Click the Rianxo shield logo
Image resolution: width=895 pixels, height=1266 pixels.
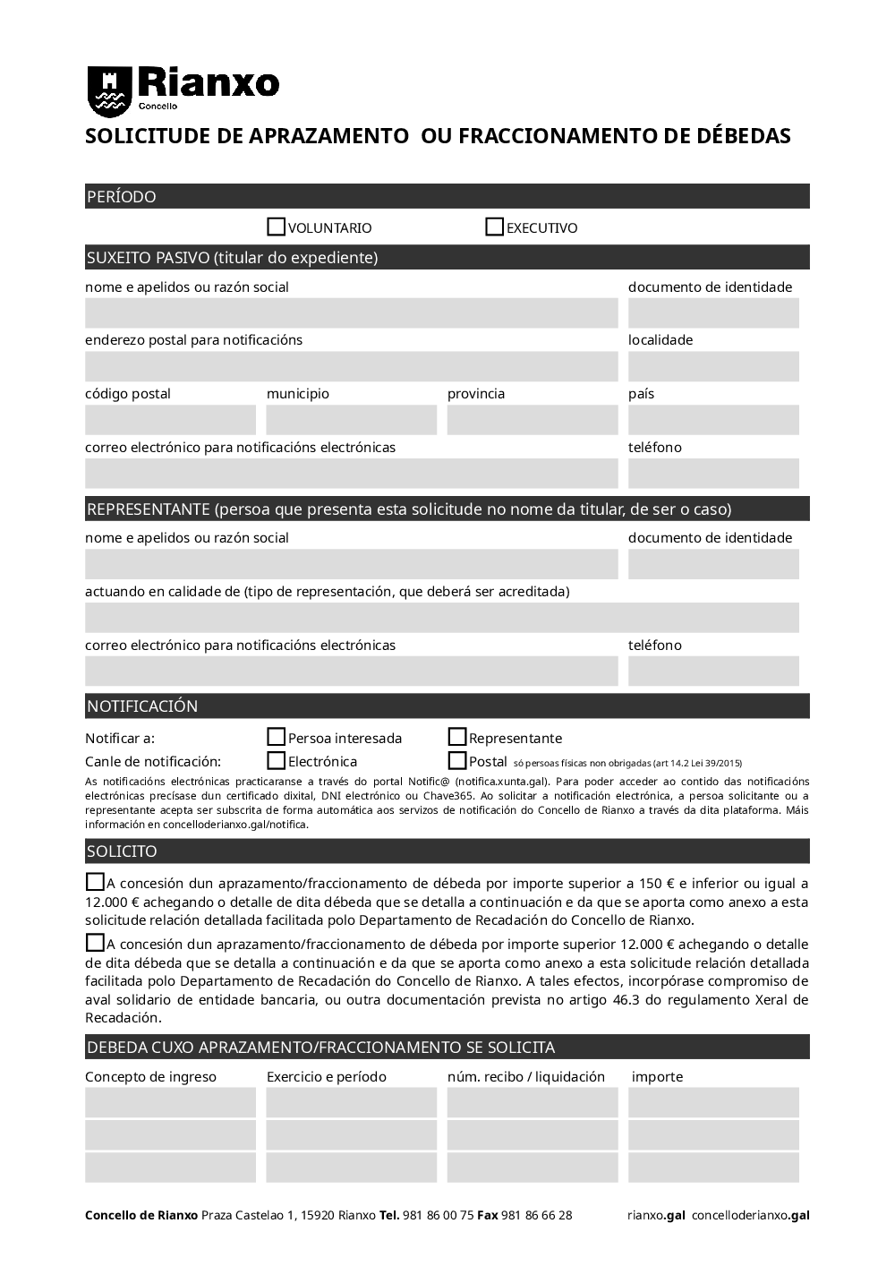[x=108, y=90]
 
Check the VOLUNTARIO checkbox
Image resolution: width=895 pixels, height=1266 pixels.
[x=277, y=227]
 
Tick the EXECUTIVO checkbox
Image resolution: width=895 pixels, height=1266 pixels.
[x=494, y=227]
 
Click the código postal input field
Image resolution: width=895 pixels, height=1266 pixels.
[x=170, y=420]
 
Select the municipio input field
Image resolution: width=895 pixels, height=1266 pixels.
[x=351, y=420]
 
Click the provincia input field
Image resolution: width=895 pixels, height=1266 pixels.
[x=533, y=420]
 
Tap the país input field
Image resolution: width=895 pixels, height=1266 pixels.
[x=713, y=420]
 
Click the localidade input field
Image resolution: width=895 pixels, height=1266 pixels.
[x=713, y=366]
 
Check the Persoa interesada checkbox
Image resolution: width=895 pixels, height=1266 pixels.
[x=277, y=738]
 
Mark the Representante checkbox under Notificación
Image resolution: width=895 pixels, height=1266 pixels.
[x=457, y=738]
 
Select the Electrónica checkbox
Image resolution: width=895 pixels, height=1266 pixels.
[x=277, y=761]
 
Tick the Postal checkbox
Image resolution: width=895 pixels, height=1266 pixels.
[x=457, y=761]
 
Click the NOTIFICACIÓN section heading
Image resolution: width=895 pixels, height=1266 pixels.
[x=142, y=706]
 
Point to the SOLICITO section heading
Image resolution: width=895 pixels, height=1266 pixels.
[x=122, y=851]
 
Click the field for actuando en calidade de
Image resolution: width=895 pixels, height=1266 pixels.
[x=442, y=618]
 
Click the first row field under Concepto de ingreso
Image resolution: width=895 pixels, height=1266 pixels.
[x=170, y=1102]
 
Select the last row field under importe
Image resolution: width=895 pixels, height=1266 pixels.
[x=713, y=1167]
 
